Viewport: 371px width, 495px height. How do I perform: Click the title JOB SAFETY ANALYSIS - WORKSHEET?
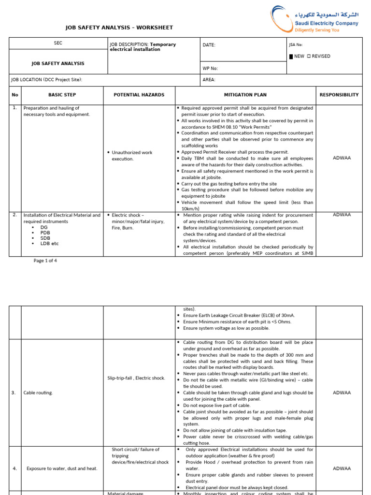click(x=119, y=28)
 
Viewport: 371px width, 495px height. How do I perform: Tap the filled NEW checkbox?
click(x=291, y=57)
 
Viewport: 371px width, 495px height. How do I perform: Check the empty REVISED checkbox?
click(x=309, y=57)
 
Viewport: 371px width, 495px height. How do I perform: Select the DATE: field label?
click(x=209, y=45)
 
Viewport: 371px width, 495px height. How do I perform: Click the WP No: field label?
click(x=210, y=69)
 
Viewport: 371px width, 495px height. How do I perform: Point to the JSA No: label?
click(x=295, y=44)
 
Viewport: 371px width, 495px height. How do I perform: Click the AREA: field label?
click(x=209, y=80)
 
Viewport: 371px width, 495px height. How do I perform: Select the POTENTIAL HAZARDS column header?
click(x=139, y=95)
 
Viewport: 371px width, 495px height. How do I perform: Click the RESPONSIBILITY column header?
click(x=339, y=95)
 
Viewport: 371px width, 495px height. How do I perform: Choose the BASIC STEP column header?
click(x=62, y=95)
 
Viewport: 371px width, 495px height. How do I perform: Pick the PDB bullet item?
click(x=44, y=233)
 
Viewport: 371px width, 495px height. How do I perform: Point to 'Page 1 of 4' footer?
click(x=45, y=261)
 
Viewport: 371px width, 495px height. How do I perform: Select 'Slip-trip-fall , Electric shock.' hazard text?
click(x=136, y=378)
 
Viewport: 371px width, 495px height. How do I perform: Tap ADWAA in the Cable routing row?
click(x=342, y=393)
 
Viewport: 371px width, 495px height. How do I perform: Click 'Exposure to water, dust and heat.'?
click(x=62, y=468)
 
